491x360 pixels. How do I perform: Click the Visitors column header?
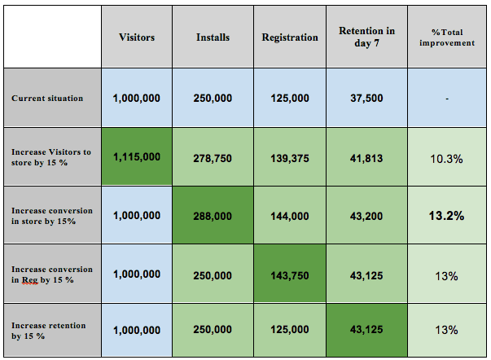tap(137, 37)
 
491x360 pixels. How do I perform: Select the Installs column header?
tap(213, 37)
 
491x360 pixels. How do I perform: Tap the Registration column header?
tap(290, 37)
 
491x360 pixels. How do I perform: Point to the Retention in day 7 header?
tap(366, 37)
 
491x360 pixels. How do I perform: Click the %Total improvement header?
tap(447, 37)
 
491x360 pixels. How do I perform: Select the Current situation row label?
tap(47, 98)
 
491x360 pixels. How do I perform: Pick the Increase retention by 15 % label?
tap(49, 330)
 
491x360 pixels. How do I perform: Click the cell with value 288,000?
tap(213, 216)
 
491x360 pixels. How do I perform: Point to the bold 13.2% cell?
tap(447, 216)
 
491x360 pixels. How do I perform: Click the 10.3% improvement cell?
tap(447, 156)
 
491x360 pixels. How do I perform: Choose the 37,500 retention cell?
tap(366, 98)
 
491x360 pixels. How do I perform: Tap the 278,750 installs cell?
tap(213, 156)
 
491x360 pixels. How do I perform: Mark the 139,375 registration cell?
tap(290, 156)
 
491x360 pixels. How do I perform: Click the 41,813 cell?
tap(366, 156)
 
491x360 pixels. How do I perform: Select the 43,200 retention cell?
tap(366, 216)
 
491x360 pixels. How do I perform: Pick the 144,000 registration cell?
tap(290, 216)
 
